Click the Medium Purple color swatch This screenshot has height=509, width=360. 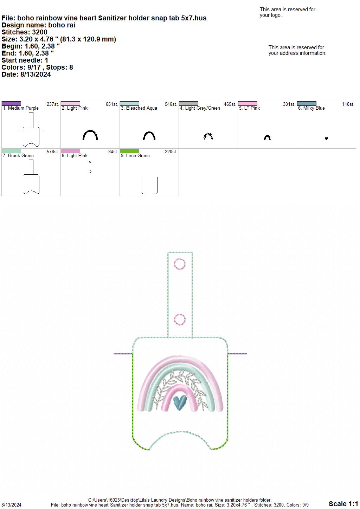click(11, 104)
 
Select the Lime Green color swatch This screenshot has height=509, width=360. click(129, 151)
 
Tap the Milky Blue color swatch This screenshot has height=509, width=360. click(307, 104)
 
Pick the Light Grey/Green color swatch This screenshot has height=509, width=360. click(188, 104)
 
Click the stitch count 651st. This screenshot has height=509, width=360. click(112, 104)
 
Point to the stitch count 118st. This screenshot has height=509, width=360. click(348, 104)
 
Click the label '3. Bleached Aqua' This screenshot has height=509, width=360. click(139, 108)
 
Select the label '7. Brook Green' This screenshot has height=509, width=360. click(18, 156)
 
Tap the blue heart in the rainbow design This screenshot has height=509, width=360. click(180, 403)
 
